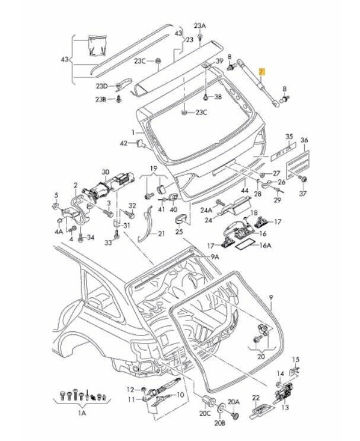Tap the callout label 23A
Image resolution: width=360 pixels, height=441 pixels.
click(200, 26)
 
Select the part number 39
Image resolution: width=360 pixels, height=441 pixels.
click(219, 62)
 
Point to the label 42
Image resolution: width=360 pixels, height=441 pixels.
click(124, 143)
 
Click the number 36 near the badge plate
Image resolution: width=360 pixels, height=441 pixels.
click(305, 141)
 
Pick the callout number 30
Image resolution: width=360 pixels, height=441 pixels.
click(106, 172)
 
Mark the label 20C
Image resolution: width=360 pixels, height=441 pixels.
click(205, 413)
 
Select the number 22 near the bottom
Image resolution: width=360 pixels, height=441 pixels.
click(256, 397)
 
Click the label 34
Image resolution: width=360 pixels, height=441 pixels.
click(90, 237)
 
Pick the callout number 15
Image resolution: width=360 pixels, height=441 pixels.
click(297, 359)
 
